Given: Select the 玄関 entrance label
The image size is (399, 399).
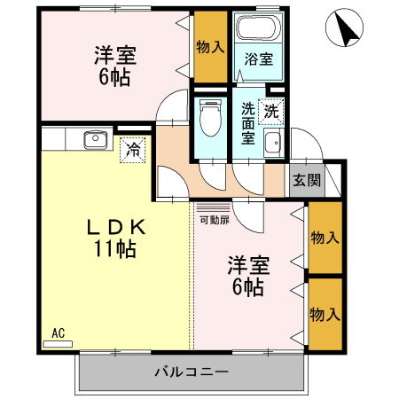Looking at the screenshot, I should coord(308,180).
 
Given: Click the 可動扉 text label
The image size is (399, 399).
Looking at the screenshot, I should coord(214,219).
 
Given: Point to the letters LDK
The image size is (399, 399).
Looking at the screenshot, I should coord(114,227).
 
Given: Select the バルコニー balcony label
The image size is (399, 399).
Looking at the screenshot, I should coord(192,370).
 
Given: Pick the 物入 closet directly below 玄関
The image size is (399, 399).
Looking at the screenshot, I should coord(325,238).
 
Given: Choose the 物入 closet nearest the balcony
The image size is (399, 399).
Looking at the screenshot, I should coord(325,313).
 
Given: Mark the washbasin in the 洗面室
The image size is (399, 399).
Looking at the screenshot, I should coord(273,144).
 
